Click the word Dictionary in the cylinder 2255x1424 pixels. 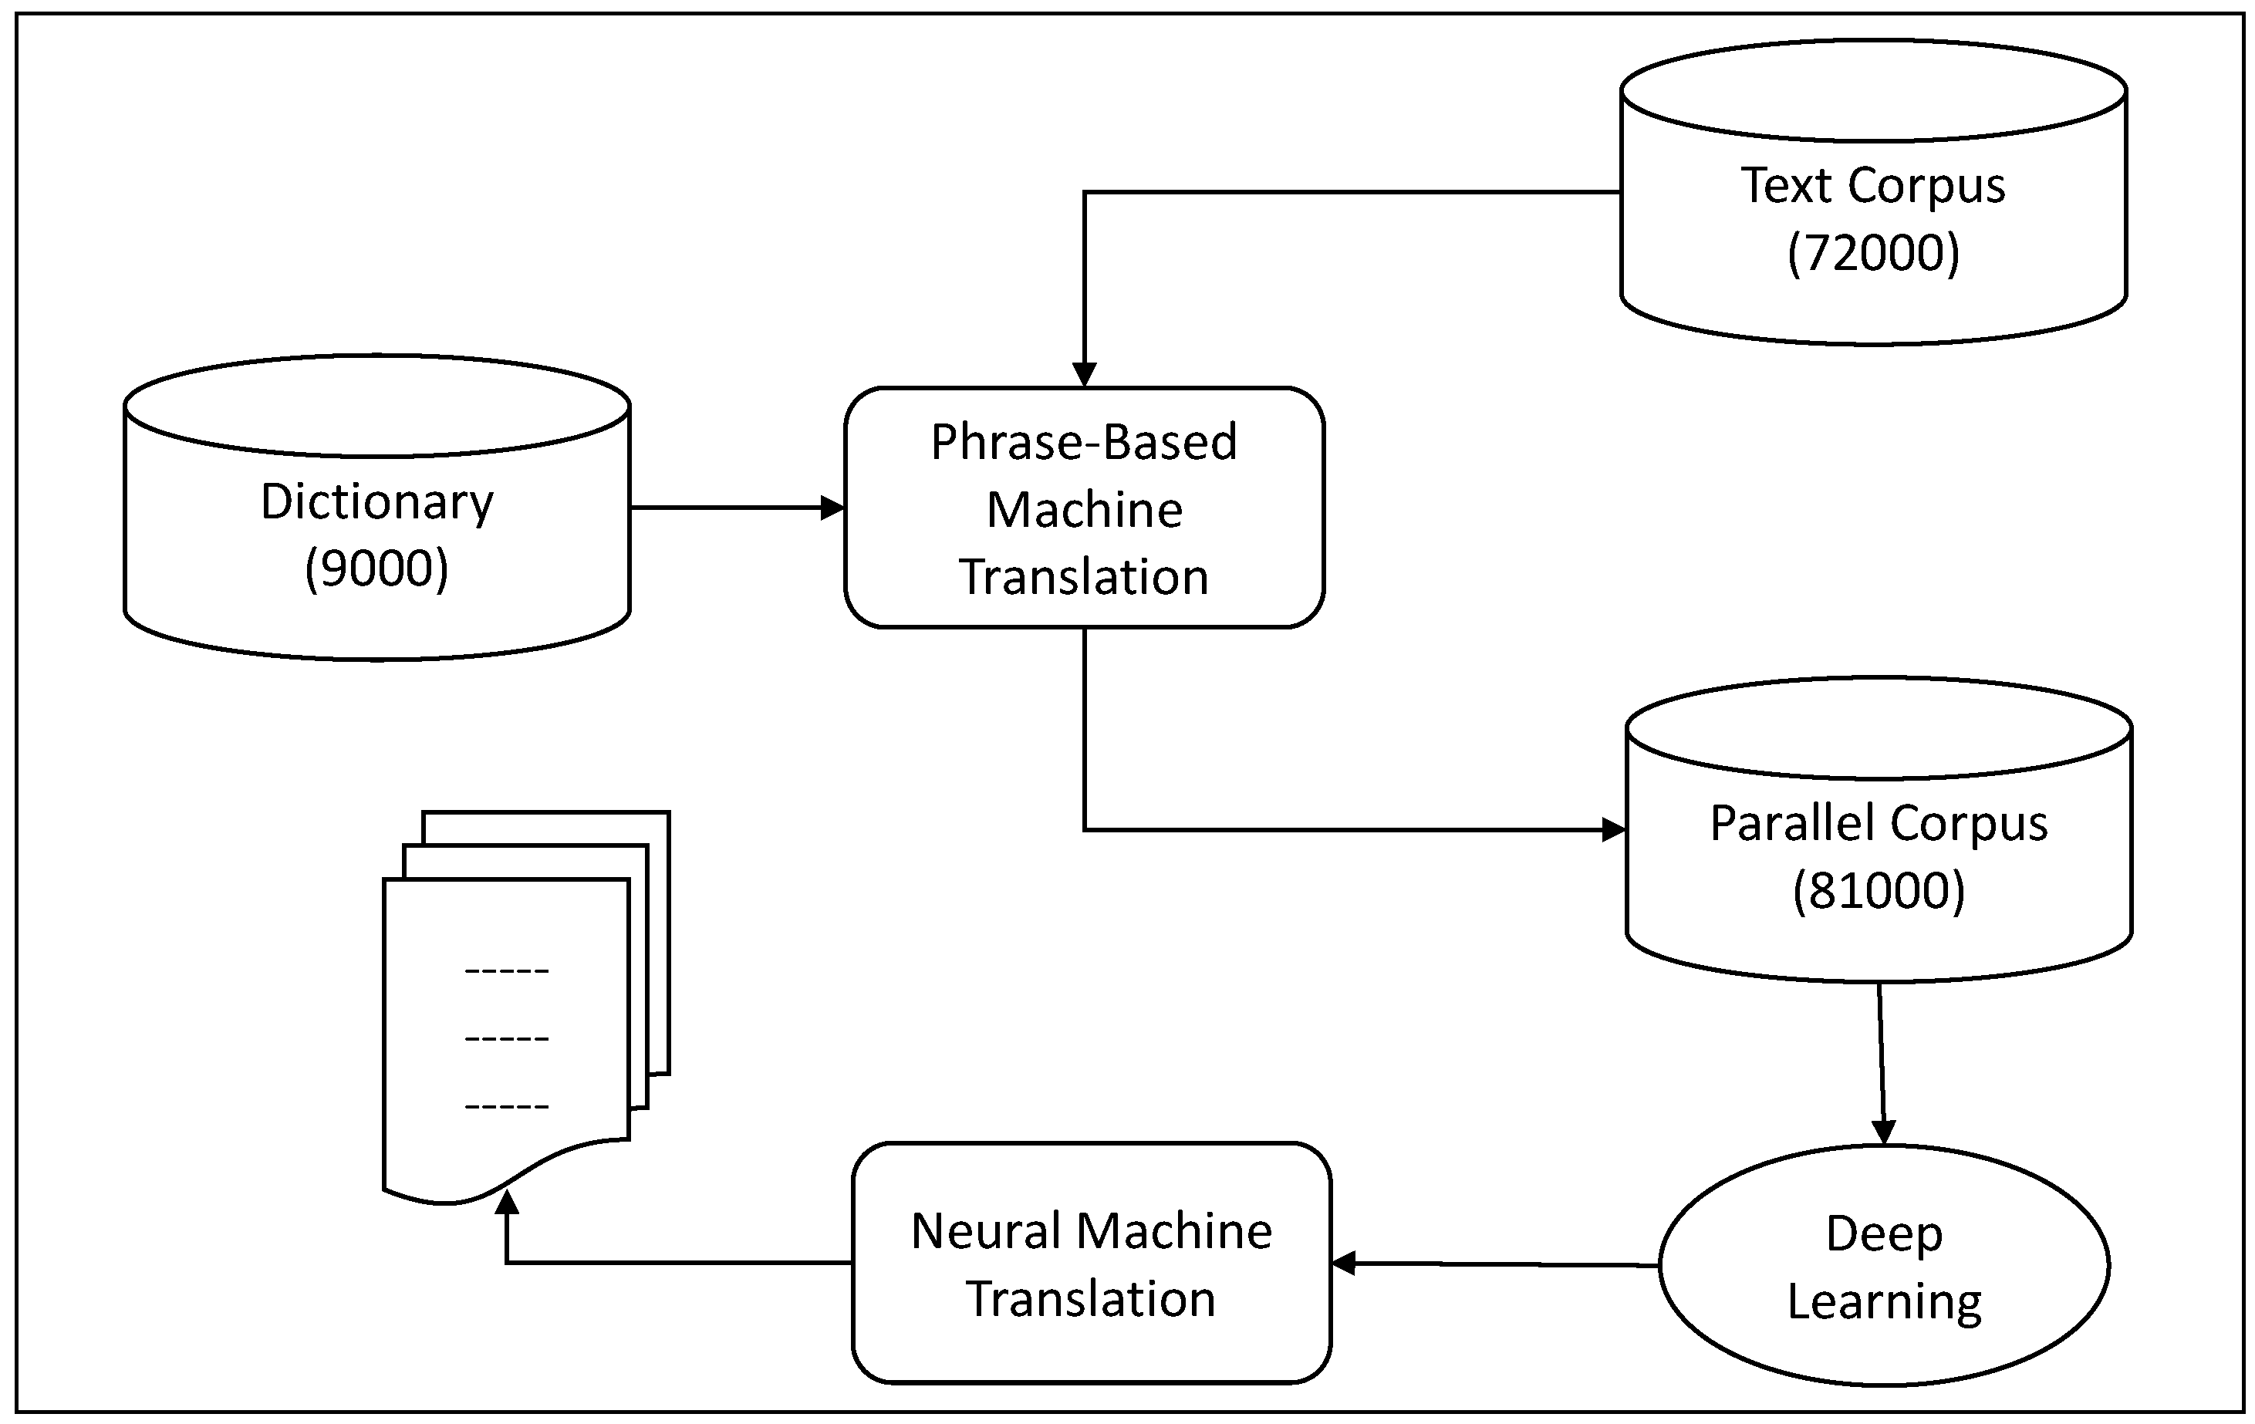click(376, 502)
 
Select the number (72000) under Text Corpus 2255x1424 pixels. click(1873, 253)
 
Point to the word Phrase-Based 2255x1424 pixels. click(1083, 442)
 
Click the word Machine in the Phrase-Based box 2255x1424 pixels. click(1083, 510)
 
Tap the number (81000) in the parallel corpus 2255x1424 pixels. click(1879, 890)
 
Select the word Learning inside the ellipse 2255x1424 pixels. click(1883, 1301)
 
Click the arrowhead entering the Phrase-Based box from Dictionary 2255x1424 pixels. click(832, 508)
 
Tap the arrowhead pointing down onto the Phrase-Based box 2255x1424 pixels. click(1083, 374)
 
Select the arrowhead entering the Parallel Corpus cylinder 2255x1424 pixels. click(1613, 829)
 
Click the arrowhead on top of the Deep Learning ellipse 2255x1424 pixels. click(1882, 1132)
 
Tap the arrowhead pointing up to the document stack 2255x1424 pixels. click(507, 1202)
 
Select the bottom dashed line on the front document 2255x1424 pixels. click(507, 1107)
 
